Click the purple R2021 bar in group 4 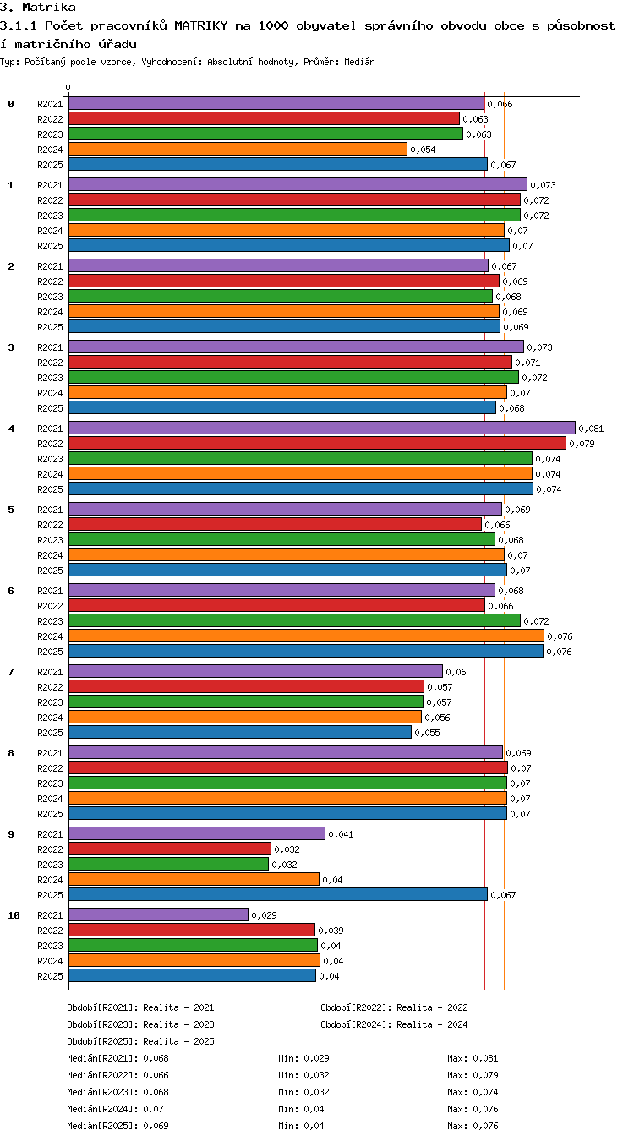pos(322,428)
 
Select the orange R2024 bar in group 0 pos(238,149)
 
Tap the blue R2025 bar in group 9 pos(278,894)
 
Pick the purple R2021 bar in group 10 pos(159,914)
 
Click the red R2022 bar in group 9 pos(170,849)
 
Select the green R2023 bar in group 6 pos(294,620)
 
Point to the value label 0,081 pos(591,429)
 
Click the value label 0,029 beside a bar pos(264,915)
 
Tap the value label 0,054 pos(423,150)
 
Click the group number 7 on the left pos(11,672)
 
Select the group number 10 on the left pos(14,915)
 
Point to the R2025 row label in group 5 pos(50,570)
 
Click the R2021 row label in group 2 pos(50,266)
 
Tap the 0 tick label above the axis pos(68,87)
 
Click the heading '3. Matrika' pos(38,7)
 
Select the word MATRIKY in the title pos(201,25)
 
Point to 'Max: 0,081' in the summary pos(473,1058)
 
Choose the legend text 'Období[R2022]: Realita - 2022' pos(394,1007)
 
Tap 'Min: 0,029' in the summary pos(303,1058)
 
